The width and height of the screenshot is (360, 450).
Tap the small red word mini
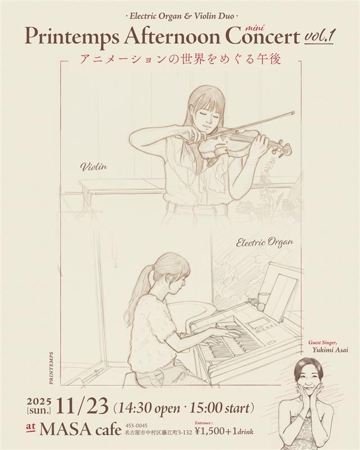pyautogui.click(x=253, y=28)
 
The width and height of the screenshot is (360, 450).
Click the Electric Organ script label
pyautogui.click(x=264, y=242)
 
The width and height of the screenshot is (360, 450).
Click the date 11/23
pyautogui.click(x=82, y=406)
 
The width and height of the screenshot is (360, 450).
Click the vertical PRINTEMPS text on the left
pyautogui.click(x=51, y=368)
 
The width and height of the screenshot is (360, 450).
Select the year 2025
pyautogui.click(x=39, y=400)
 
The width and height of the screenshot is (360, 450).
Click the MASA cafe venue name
pyautogui.click(x=80, y=429)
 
